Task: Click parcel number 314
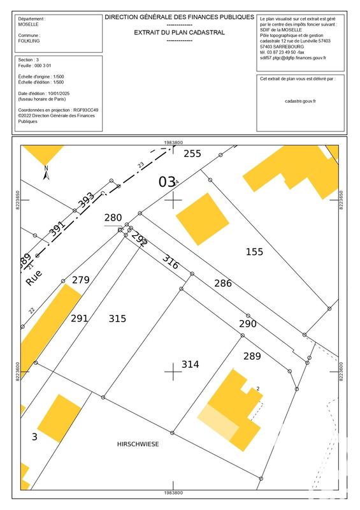[191, 365]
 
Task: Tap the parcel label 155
[254, 252]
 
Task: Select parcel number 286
[223, 283]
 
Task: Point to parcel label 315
[117, 319]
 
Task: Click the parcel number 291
[79, 319]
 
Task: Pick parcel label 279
[81, 280]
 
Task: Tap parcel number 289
[252, 356]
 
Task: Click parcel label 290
[247, 324]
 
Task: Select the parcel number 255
[192, 154]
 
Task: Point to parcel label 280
[113, 218]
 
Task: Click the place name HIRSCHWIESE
[138, 444]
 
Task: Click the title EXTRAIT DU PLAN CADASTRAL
[178, 32]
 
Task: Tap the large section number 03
[166, 182]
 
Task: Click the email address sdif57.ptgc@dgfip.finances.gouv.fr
[293, 57]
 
